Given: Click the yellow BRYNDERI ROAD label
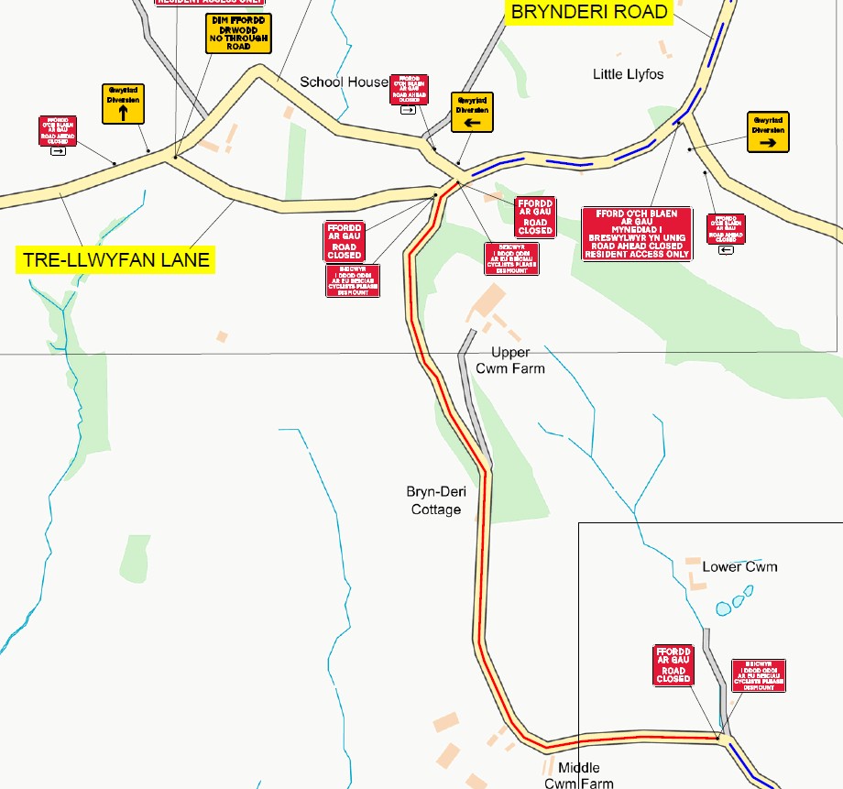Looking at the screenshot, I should pos(589,13).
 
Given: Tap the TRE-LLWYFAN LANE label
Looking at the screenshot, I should pos(115,260).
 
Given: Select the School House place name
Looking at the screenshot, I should pos(344,82).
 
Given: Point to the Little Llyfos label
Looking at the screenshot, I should pos(628,74).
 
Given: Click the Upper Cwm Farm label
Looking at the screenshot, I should pos(509,360).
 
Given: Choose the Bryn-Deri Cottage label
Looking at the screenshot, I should pos(435,500).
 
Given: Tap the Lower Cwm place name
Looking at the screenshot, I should pos(739,566).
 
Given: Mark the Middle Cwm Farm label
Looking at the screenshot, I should pos(578,775).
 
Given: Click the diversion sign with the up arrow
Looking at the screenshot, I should pos(124,104).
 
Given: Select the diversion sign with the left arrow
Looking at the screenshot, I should pos(472,112).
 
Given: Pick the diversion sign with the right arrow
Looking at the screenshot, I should pos(768,132).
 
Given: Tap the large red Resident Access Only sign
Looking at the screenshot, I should pos(636,235).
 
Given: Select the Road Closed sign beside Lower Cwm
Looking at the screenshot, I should pos(673,664).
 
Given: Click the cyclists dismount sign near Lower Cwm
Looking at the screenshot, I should pos(759,676).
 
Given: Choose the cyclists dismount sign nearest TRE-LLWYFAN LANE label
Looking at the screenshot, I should pos(353,280).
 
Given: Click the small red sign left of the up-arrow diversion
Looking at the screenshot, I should pos(58,131).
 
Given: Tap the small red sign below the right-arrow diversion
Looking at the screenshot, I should pos(726,229).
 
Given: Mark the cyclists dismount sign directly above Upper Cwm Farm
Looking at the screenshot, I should pos(511,259).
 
